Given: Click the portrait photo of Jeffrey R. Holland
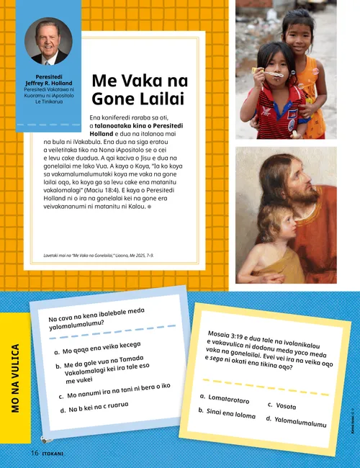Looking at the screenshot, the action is click(48, 41).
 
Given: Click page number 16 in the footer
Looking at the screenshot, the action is click(35, 453).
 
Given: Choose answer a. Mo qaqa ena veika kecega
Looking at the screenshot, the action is click(100, 351).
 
